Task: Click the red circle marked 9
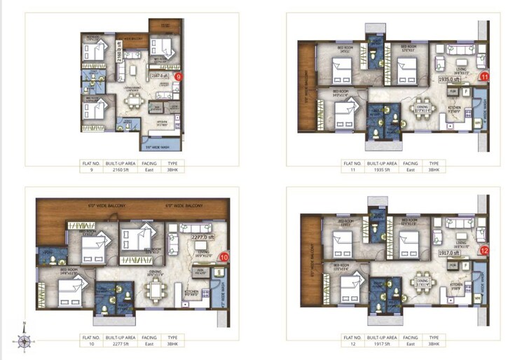click(179, 76)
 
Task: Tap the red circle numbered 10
click(224, 257)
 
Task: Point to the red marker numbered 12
click(483, 250)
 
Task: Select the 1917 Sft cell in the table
click(386, 345)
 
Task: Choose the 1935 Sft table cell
click(386, 169)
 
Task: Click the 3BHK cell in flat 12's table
click(434, 345)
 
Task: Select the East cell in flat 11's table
click(410, 169)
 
